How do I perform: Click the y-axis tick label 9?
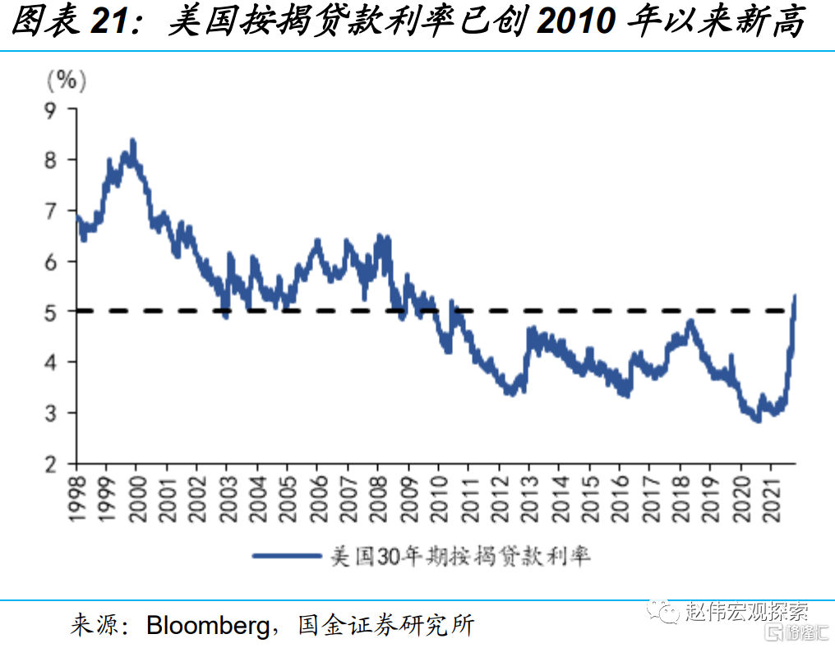click(50, 111)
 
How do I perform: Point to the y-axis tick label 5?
click(50, 312)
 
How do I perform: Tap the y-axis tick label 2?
click(50, 465)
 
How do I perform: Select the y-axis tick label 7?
click(50, 212)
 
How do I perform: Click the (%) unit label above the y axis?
click(67, 81)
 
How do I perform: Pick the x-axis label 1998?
click(77, 499)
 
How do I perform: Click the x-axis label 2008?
click(379, 499)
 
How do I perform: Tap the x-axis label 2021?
click(772, 499)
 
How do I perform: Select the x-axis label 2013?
click(530, 499)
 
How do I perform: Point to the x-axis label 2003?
click(228, 499)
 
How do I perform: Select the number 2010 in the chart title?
click(575, 22)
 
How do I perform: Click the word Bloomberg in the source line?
click(208, 626)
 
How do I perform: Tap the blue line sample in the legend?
click(287, 556)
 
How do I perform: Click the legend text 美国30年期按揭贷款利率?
click(460, 557)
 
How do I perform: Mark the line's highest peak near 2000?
click(133, 141)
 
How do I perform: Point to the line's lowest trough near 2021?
click(758, 420)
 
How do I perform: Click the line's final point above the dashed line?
click(795, 296)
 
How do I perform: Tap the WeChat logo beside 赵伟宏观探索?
click(663, 612)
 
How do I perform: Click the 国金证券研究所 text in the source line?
click(386, 626)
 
